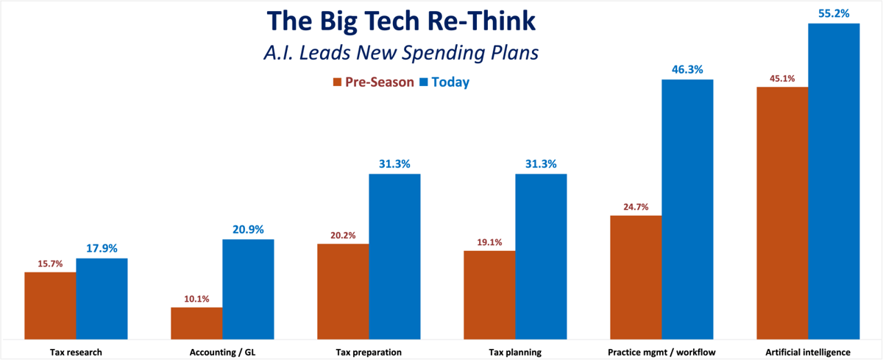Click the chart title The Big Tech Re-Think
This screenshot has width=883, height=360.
click(x=402, y=21)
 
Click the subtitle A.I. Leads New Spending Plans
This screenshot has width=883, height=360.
click(x=402, y=54)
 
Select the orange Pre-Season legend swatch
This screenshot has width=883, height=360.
click(x=338, y=82)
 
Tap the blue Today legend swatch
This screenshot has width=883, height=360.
click(x=424, y=82)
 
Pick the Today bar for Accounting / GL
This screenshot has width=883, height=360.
click(x=248, y=289)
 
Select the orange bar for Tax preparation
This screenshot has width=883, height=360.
click(x=343, y=291)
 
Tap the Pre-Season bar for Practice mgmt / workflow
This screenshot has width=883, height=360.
click(x=636, y=277)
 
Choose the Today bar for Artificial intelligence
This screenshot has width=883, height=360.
click(x=834, y=180)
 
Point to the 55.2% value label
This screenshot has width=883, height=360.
click(x=834, y=13)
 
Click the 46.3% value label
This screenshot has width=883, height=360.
click(x=687, y=69)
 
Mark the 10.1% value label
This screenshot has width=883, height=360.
click(x=196, y=298)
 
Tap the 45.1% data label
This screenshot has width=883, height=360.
click(x=781, y=79)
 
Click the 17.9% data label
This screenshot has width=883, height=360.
click(x=102, y=248)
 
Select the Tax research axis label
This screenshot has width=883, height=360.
click(x=76, y=352)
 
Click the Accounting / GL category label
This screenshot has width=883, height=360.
click(x=222, y=352)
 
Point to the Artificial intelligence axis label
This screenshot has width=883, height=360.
click(x=808, y=352)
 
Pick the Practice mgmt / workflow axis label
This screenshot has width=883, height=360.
click(x=662, y=352)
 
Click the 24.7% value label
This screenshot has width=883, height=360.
click(x=635, y=207)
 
